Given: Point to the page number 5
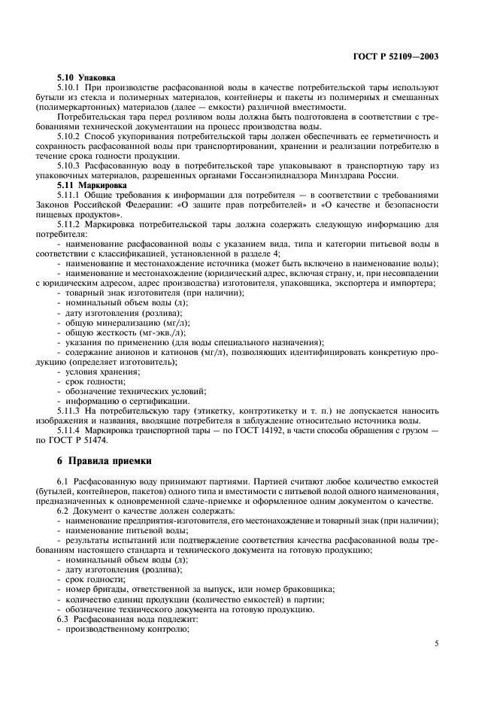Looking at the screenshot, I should click(x=437, y=644).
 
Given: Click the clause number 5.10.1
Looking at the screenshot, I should click(x=72, y=87).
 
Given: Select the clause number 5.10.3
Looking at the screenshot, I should click(x=72, y=165).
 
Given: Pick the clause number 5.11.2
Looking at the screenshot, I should click(x=72, y=223).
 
